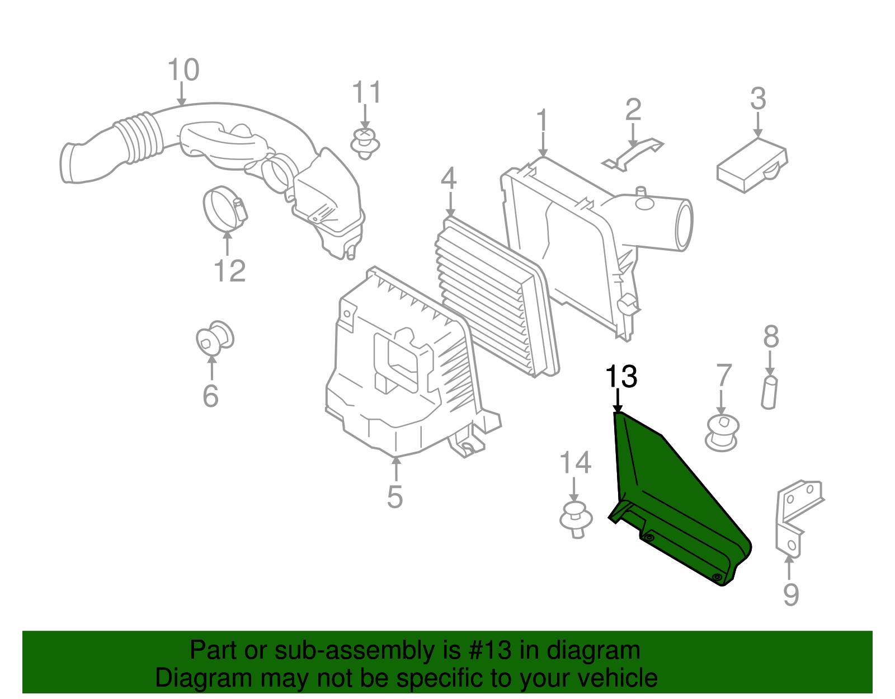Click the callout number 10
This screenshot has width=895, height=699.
click(183, 71)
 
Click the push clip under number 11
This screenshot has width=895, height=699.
click(365, 143)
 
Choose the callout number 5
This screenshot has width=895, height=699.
click(394, 496)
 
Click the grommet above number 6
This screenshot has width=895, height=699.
click(215, 337)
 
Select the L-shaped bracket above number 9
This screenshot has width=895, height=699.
click(794, 515)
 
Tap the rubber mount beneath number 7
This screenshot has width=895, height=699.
click(722, 433)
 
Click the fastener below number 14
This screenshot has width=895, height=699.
click(576, 519)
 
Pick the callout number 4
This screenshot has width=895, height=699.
click(449, 179)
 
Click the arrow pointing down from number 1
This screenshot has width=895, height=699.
click(543, 146)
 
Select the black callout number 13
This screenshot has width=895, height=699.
click(621, 377)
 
